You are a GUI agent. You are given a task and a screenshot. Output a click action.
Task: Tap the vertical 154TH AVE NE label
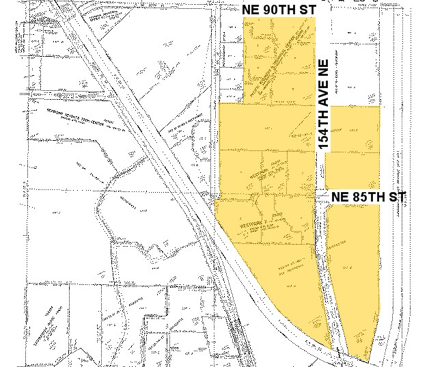tap(324, 105)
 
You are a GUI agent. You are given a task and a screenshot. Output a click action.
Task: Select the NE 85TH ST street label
tap(369, 197)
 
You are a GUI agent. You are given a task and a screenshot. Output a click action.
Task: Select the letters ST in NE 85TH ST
tap(398, 197)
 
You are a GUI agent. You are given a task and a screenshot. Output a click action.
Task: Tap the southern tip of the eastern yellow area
tap(368, 359)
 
